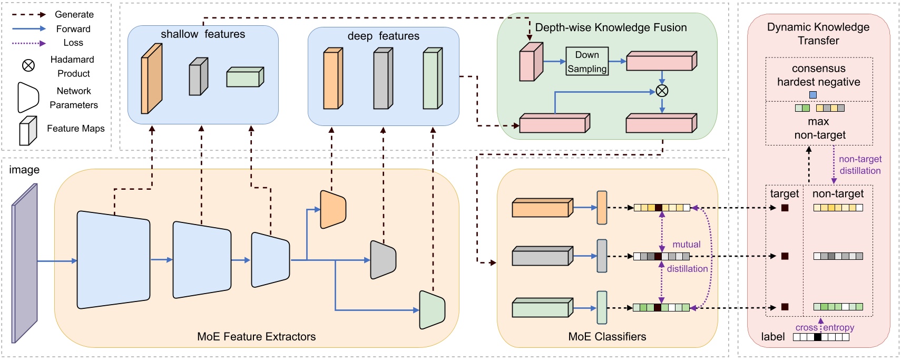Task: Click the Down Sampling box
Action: click(587, 61)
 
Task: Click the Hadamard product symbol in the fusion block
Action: click(662, 91)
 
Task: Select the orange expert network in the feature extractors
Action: click(333, 209)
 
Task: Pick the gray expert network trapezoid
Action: click(383, 259)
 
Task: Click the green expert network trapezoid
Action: click(432, 309)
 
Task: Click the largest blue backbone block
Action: click(113, 260)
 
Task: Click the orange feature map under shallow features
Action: click(151, 79)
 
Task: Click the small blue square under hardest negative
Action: click(812, 95)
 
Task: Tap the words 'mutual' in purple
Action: click(686, 245)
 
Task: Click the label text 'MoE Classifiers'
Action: click(607, 336)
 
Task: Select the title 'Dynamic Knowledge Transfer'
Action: click(818, 34)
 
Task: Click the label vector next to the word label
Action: click(821, 337)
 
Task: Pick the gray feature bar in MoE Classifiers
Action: click(542, 256)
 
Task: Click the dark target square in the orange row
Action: click(785, 208)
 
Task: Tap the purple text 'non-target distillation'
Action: click(859, 165)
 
